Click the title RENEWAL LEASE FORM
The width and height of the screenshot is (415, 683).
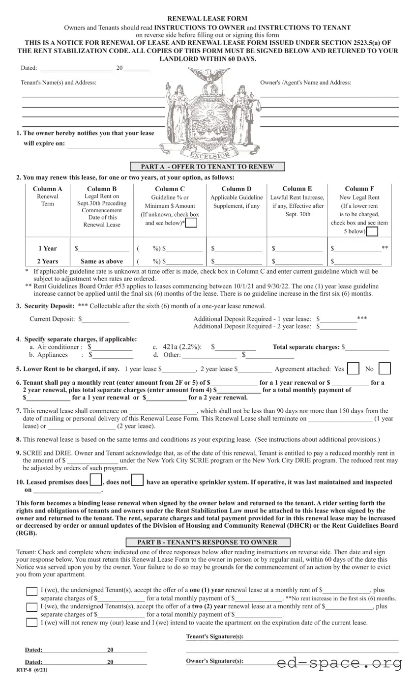[x=207, y=19]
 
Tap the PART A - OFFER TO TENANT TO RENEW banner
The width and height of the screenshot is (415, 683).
[x=207, y=167]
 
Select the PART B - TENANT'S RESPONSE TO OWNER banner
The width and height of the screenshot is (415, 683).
[x=207, y=542]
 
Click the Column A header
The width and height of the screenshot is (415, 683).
[x=48, y=189]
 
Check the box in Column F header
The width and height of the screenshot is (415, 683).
[x=373, y=231]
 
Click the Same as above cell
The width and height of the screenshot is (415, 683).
[x=102, y=261]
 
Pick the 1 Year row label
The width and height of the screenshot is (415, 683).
[x=48, y=249]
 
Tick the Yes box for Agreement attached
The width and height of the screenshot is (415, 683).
[x=353, y=369]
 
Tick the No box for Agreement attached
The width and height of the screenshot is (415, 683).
[x=385, y=369]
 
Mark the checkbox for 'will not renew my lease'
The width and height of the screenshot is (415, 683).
[x=31, y=623]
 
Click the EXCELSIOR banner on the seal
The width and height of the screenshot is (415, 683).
[x=210, y=155]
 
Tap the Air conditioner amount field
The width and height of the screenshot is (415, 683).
[x=113, y=347]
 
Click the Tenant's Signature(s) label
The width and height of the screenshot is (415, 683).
[x=215, y=637]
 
